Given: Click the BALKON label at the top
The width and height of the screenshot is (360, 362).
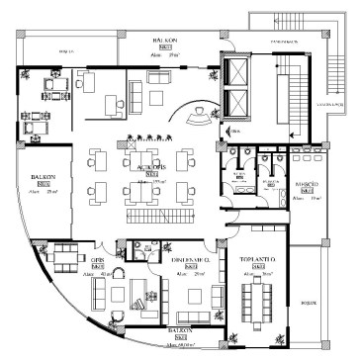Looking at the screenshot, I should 164,42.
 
